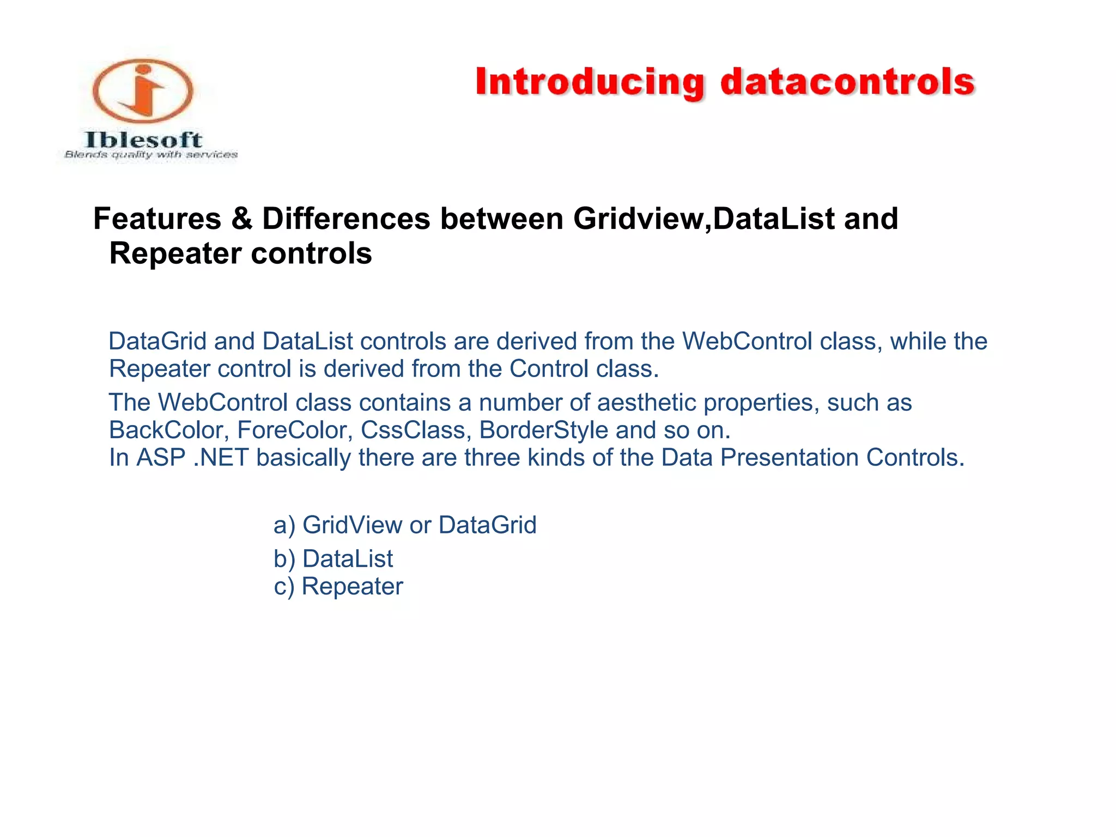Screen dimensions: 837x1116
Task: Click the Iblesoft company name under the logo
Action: tap(143, 139)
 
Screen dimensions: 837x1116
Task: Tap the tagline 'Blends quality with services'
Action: tap(151, 155)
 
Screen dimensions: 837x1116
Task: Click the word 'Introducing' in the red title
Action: tap(590, 83)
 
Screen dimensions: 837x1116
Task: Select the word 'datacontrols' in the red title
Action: tap(847, 83)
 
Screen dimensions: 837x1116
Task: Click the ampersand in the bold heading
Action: tap(241, 219)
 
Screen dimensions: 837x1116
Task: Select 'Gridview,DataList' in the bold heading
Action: tap(703, 219)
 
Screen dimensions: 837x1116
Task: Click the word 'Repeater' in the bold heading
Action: tap(175, 253)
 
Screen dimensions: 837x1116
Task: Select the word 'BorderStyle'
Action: tap(543, 430)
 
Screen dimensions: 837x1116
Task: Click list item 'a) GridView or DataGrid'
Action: tap(405, 525)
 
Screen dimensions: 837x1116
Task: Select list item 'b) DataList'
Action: tap(333, 559)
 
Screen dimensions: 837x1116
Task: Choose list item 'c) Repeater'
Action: tap(338, 587)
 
